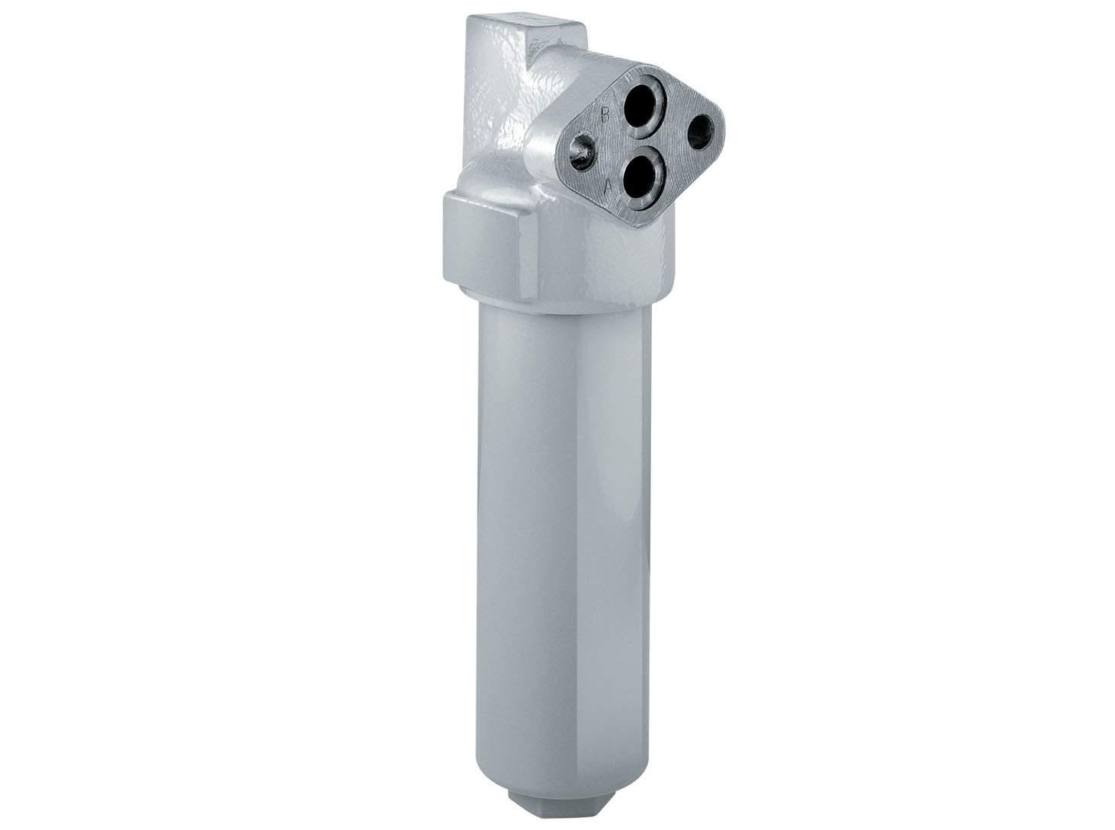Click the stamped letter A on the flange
(x=607, y=185)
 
